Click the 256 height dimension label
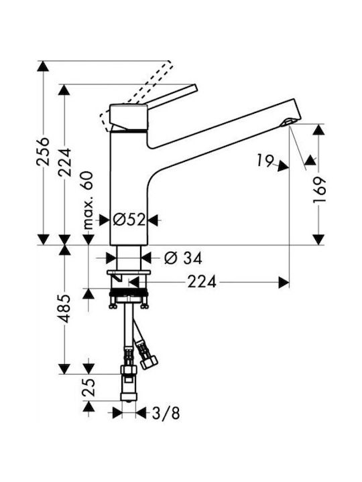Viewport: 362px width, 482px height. click(x=43, y=152)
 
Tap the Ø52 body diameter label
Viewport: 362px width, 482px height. click(x=129, y=220)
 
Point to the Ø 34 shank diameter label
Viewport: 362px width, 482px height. click(x=183, y=258)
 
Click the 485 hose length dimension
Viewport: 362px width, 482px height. click(x=64, y=309)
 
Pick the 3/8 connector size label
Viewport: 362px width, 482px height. click(x=166, y=414)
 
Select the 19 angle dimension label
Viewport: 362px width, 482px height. click(x=265, y=161)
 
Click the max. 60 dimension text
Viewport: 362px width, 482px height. click(x=87, y=201)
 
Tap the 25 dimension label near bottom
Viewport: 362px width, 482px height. click(x=88, y=388)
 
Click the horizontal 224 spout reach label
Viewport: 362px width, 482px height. click(x=202, y=282)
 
